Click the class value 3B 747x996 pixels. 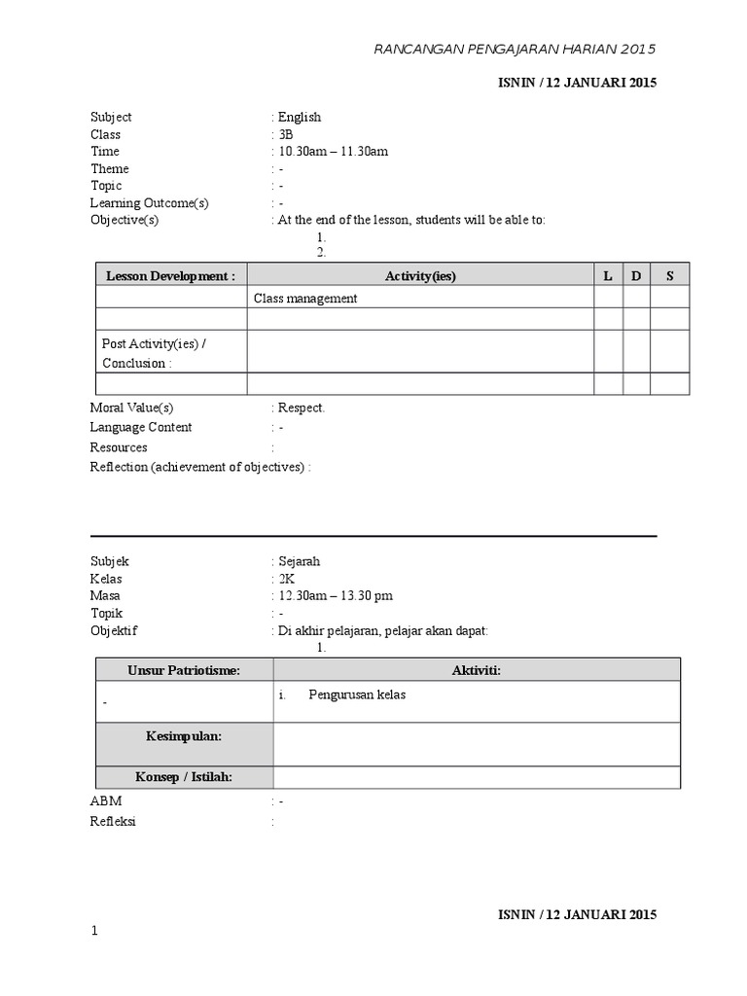tap(285, 134)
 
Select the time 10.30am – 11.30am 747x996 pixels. tap(334, 152)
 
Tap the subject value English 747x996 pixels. tap(299, 117)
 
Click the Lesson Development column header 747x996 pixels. tap(171, 276)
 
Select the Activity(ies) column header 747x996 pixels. tap(420, 276)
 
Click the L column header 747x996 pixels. tap(608, 276)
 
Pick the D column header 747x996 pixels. tap(636, 276)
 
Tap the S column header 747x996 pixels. tap(669, 276)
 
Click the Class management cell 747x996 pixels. tap(305, 299)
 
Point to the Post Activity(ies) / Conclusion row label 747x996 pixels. tap(155, 354)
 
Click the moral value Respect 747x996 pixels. tap(301, 409)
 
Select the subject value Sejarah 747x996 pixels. tap(299, 561)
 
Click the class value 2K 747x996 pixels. tap(286, 579)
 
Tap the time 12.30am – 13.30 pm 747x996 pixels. tap(336, 596)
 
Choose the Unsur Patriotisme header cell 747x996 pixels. tap(184, 670)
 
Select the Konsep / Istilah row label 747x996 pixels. tap(184, 776)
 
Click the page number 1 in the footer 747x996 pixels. tap(94, 932)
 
